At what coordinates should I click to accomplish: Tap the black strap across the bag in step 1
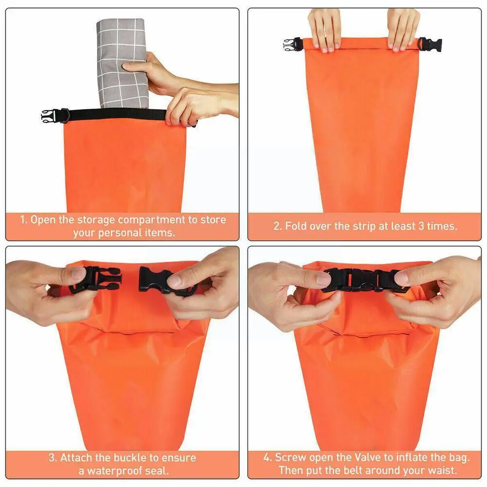pos(118,115)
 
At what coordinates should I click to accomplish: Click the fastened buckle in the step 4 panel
pos(362,280)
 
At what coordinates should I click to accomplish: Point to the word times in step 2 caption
pos(442,226)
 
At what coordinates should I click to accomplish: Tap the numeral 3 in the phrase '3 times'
pos(421,226)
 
